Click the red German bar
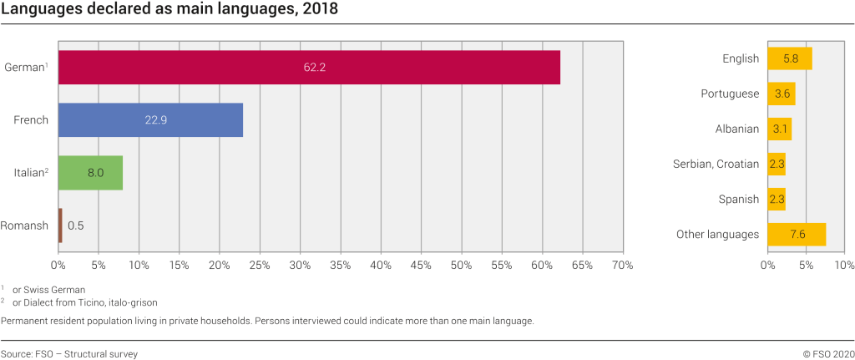[309, 67]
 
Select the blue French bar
[150, 119]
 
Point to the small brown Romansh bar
[60, 226]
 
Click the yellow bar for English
[789, 58]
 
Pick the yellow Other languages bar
[796, 234]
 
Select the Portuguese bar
[782, 94]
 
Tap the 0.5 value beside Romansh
[75, 226]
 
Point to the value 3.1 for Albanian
[779, 129]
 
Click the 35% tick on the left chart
[340, 265]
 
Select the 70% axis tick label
[622, 265]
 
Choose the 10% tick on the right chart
[843, 265]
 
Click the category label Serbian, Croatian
[716, 164]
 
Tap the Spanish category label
[738, 199]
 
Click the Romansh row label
[24, 226]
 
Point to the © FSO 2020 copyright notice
[828, 353]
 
